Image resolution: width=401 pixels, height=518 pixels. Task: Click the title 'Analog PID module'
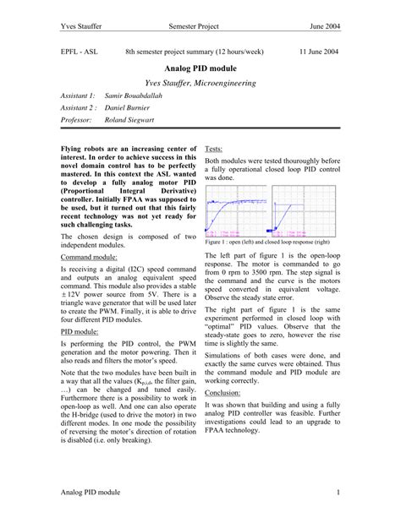[x=200, y=68]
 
